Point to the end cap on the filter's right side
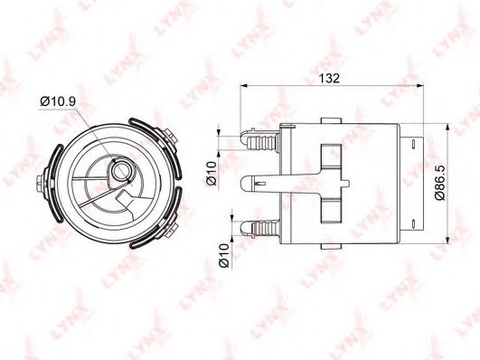click(x=418, y=185)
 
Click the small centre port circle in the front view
click(x=119, y=169)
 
